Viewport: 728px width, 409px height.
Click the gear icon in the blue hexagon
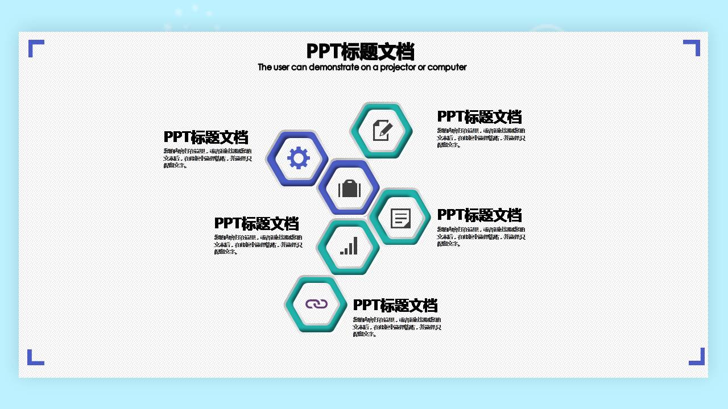(298, 158)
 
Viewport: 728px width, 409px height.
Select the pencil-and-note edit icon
(382, 131)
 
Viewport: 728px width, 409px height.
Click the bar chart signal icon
(349, 246)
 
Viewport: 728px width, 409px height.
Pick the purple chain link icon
(317, 304)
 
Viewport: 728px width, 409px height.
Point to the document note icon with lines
(400, 218)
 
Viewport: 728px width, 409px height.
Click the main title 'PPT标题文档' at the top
(360, 52)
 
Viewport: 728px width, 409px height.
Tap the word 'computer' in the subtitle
(447, 67)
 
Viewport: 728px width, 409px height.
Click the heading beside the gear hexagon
(206, 137)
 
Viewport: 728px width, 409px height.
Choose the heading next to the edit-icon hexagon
(479, 116)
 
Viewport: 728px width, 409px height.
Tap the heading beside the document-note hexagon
(479, 215)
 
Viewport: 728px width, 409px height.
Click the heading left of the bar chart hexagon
(256, 223)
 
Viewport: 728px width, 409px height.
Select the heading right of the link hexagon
(395, 305)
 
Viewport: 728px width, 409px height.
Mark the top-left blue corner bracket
(35, 47)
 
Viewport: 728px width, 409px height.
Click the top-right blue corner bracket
(693, 47)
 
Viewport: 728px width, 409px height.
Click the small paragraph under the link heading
(396, 327)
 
